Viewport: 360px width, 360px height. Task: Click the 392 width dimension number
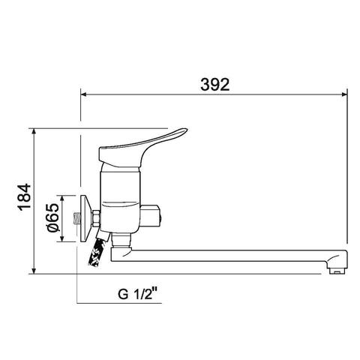click(x=215, y=84)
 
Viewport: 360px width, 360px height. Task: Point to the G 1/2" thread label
click(x=139, y=294)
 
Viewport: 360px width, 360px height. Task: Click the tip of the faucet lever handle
click(x=186, y=130)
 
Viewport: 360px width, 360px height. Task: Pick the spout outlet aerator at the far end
click(x=337, y=271)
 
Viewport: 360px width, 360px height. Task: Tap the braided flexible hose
click(x=97, y=250)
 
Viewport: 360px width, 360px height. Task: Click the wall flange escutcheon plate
click(x=85, y=218)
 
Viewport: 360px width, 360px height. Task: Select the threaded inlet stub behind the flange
click(x=77, y=219)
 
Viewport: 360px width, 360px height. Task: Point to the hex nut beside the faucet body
click(x=96, y=219)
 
